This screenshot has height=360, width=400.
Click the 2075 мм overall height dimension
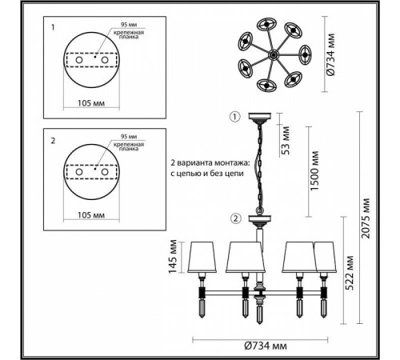366,218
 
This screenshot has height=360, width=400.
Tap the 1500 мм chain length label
314,170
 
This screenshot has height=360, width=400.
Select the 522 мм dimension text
349,273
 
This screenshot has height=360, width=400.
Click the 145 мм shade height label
173,256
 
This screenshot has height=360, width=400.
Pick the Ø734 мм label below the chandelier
266,346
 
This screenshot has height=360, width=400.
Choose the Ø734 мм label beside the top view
330,54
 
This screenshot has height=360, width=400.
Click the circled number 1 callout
235,117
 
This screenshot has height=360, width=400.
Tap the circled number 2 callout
235,218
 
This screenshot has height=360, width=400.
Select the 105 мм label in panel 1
91,103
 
